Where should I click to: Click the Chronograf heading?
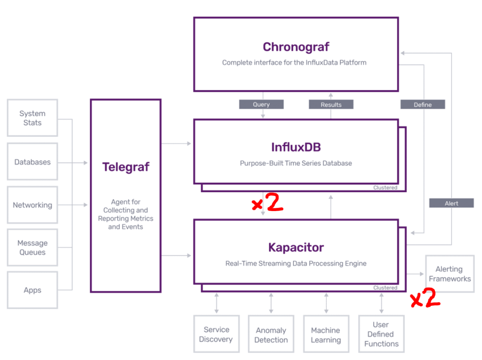[x=296, y=47]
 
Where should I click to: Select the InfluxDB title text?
[x=296, y=147]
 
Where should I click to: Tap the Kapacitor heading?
[x=296, y=247]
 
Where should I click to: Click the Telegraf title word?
[x=126, y=167]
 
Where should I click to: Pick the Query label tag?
[x=261, y=105]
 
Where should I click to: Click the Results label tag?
[x=331, y=105]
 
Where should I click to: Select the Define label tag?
[x=423, y=105]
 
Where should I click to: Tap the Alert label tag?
[x=451, y=204]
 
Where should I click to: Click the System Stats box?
[x=33, y=118]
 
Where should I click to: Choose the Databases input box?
[x=33, y=162]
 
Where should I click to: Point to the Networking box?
[x=33, y=205]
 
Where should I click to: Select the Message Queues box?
[x=33, y=248]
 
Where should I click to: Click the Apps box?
[x=33, y=290]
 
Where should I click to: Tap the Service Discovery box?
[x=216, y=335]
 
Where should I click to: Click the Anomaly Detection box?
[x=271, y=335]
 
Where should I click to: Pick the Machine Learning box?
[x=326, y=335]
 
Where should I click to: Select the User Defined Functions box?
[x=381, y=335]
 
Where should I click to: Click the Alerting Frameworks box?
[x=449, y=274]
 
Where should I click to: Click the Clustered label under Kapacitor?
[x=385, y=288]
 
